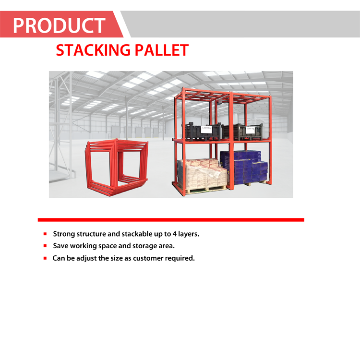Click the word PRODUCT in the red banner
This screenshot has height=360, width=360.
tap(59, 25)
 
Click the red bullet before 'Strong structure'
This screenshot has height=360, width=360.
tap(45, 234)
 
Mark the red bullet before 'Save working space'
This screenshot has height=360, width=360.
tap(45, 246)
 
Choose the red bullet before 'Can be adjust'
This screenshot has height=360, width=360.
tap(45, 258)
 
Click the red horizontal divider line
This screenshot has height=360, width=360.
tap(171, 219)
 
